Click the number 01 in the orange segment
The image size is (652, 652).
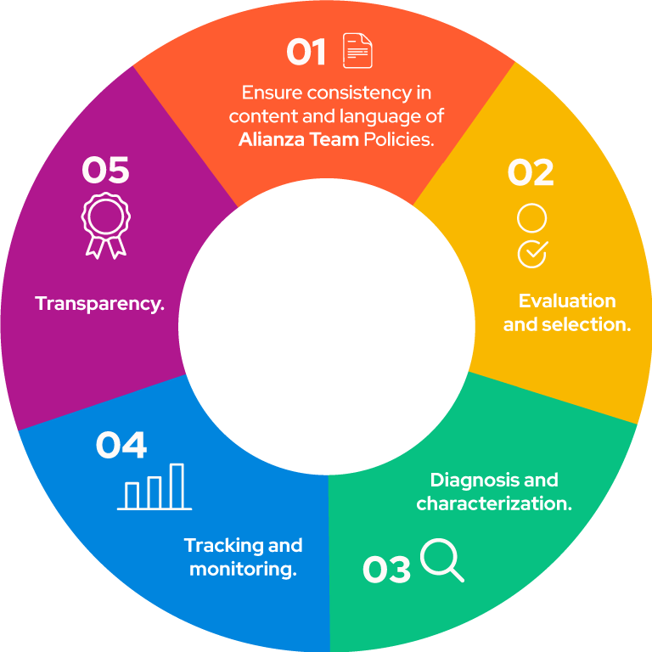[306, 52]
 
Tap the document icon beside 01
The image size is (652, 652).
[357, 50]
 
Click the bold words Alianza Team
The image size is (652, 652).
[299, 140]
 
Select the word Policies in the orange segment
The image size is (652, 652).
[399, 140]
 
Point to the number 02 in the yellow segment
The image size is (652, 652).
[531, 172]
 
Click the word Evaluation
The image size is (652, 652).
[567, 301]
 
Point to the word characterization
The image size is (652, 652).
[494, 504]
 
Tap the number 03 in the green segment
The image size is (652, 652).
[386, 569]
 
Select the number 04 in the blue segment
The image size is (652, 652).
[121, 445]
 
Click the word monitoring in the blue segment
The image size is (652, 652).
[243, 570]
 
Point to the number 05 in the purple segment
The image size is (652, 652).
[105, 170]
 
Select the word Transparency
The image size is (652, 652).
[100, 304]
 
